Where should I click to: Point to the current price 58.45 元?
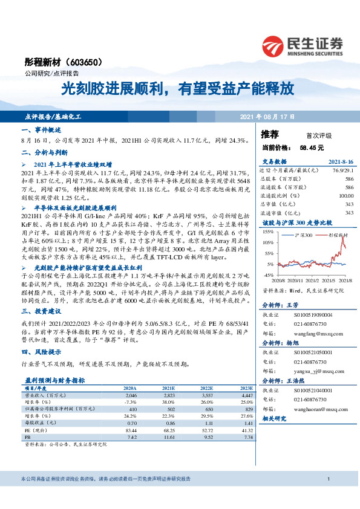coord(312,148)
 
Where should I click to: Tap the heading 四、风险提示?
coord(40,352)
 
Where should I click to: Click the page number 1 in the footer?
coord(327,479)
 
